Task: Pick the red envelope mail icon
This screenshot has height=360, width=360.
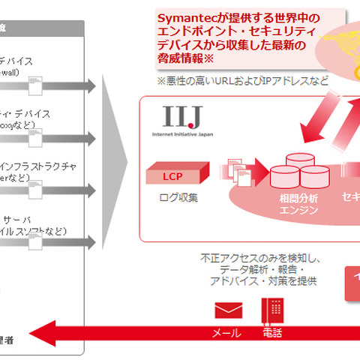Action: [228, 310]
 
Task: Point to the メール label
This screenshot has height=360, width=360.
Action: [227, 333]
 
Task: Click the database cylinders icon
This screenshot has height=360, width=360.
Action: [300, 172]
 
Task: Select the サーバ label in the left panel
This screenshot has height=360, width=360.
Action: [34, 213]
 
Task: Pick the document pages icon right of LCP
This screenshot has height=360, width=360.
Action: [238, 172]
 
